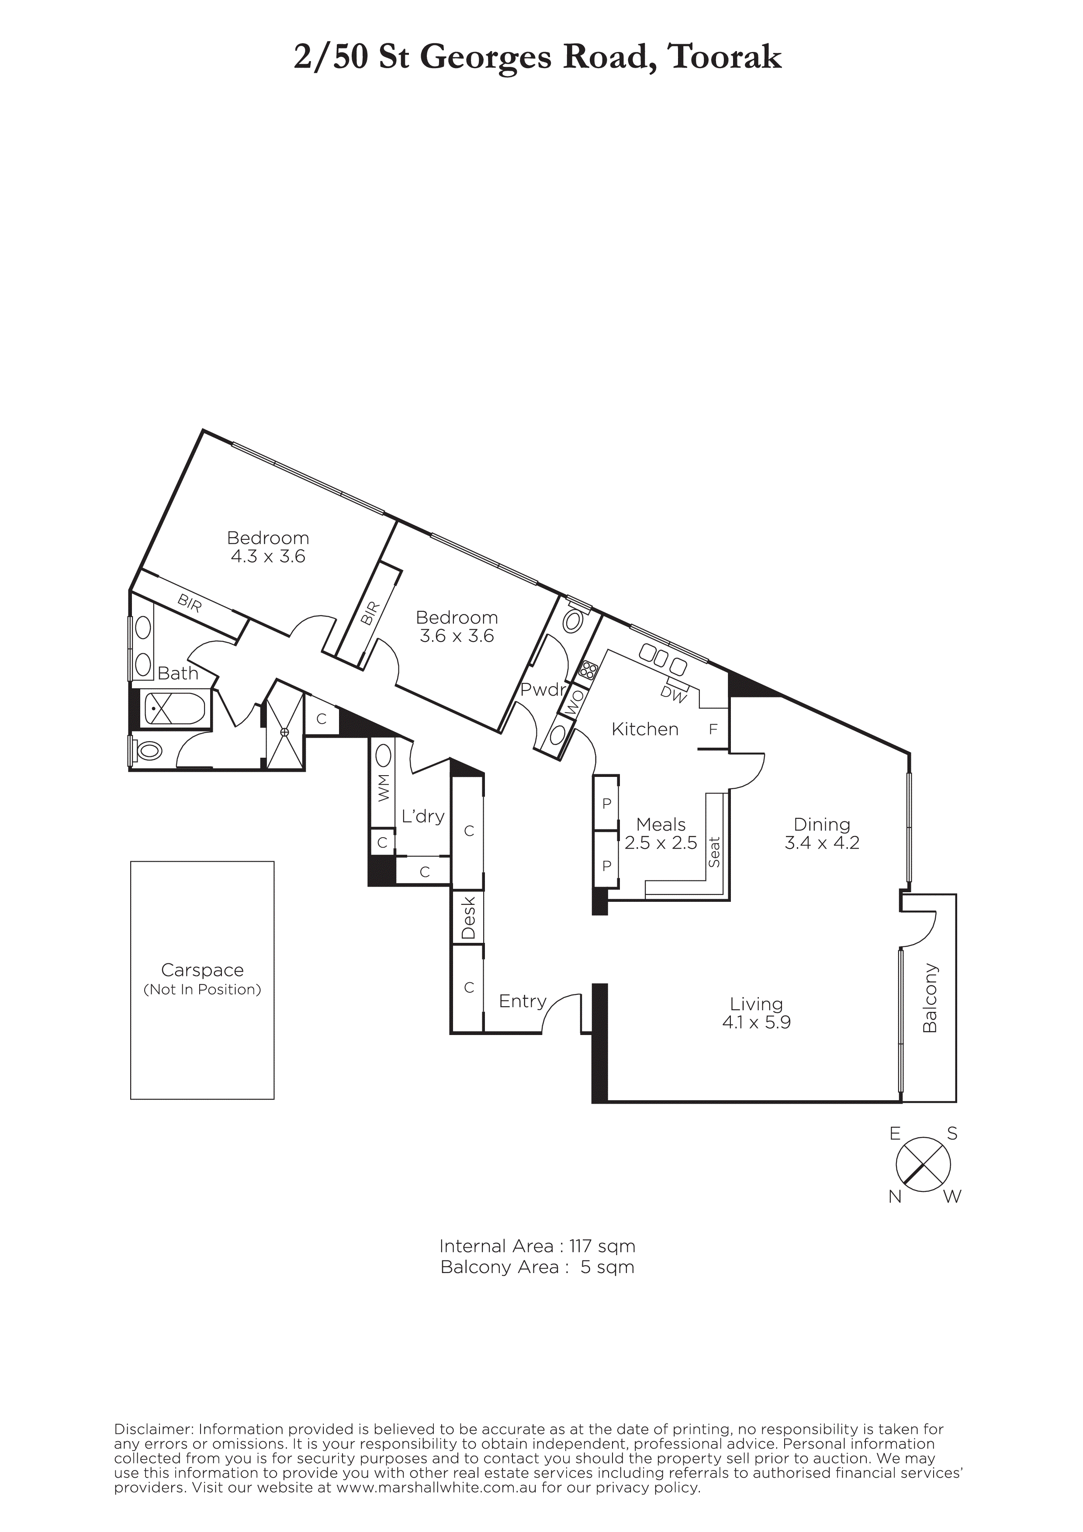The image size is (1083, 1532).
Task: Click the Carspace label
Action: (202, 970)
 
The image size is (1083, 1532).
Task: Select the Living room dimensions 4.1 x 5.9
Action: (756, 1022)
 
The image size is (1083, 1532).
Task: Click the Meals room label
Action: (661, 824)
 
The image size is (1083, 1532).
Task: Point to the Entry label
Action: (522, 1001)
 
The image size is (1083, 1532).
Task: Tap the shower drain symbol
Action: (285, 732)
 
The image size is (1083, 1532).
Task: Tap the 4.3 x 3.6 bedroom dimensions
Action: (267, 556)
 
